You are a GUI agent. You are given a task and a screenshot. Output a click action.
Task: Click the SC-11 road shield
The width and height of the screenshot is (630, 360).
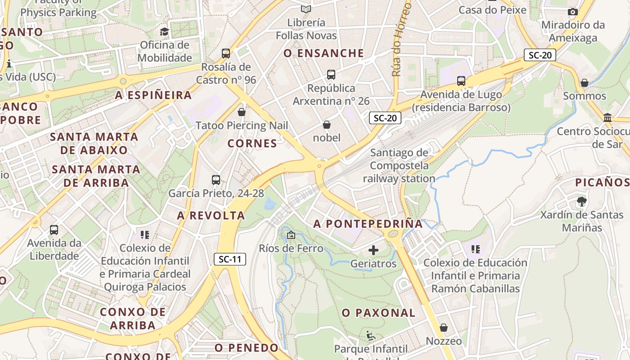point(229,259)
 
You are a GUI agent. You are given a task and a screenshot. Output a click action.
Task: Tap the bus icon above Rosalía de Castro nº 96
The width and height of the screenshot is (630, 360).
point(226,54)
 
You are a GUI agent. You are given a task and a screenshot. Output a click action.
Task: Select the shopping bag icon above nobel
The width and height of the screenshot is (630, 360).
point(327,125)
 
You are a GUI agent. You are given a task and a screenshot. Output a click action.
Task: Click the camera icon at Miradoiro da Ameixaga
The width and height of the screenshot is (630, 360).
point(572,12)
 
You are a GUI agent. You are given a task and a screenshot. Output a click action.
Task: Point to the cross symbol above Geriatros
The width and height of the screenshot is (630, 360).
point(373,250)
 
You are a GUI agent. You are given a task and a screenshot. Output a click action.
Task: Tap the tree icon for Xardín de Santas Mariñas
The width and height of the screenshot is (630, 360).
point(581,201)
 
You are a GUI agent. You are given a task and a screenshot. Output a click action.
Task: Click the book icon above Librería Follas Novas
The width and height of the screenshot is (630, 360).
point(306,9)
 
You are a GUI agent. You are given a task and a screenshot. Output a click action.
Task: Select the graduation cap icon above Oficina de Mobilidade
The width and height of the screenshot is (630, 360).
point(164,31)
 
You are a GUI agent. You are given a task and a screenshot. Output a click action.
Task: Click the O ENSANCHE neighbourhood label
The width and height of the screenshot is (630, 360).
point(324,53)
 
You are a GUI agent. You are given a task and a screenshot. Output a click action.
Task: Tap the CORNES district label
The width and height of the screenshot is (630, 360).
point(252,144)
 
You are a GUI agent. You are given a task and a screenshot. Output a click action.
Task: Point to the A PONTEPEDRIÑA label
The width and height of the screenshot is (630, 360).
point(368,224)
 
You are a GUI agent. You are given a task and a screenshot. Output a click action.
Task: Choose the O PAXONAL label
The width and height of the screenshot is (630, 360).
point(378,313)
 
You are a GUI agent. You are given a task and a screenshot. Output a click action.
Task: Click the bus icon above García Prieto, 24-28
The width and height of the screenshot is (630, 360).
point(216,180)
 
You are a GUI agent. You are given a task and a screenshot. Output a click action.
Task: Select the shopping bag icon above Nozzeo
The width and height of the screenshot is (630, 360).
point(444,328)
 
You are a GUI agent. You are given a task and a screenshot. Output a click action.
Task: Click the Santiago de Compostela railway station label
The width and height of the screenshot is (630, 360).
point(399,166)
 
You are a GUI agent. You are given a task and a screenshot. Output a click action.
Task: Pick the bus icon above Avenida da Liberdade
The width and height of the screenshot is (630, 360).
point(54,230)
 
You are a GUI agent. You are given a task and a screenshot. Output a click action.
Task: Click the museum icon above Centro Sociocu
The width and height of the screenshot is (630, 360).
point(607,118)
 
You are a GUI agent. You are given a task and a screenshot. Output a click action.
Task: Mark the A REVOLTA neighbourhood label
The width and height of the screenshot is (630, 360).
point(211,216)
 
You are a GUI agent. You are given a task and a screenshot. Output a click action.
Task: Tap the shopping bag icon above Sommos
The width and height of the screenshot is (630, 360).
point(584,83)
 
